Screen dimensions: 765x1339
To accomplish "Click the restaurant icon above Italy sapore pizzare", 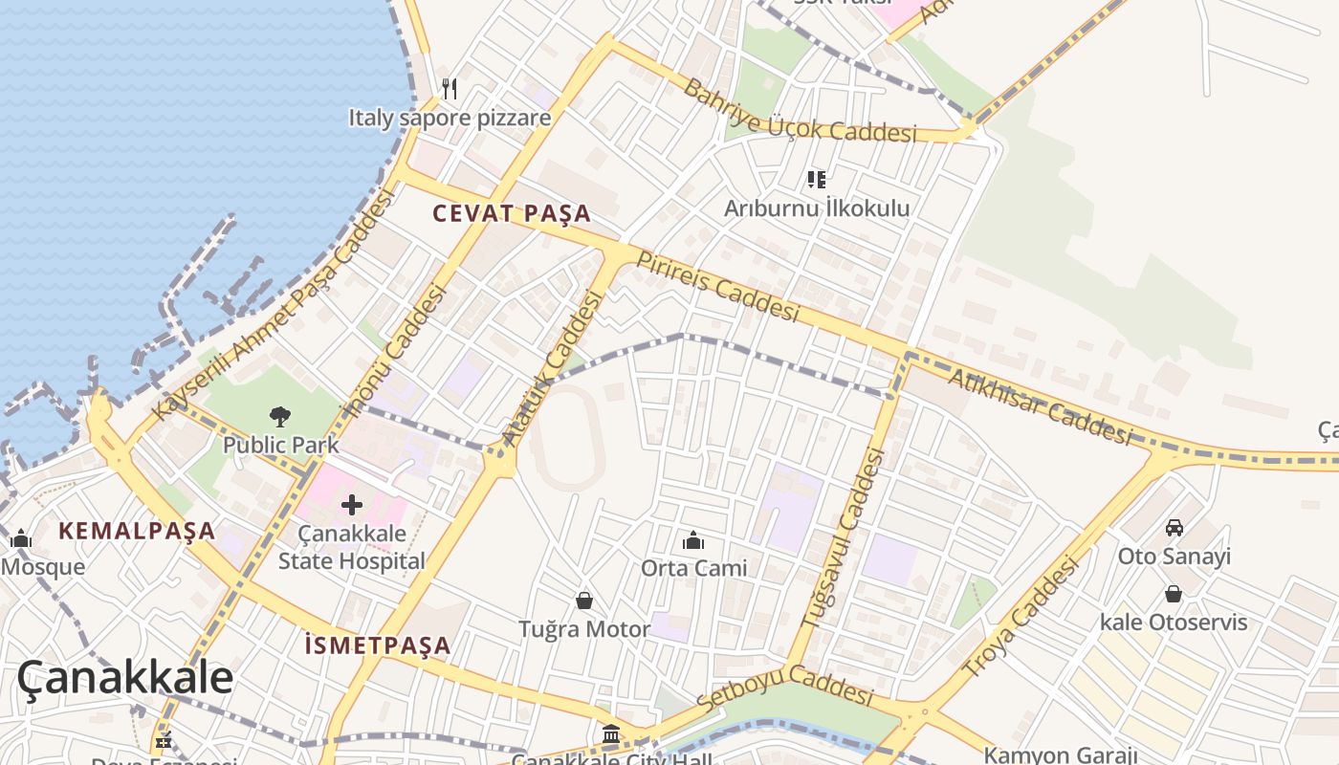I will tap(450, 89).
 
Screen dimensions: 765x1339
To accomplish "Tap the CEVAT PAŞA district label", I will tap(512, 213).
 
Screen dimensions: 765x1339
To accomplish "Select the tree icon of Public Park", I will tap(279, 416).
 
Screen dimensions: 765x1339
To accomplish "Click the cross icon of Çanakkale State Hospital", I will tap(352, 504).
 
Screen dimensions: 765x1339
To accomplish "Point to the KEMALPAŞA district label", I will tap(137, 531).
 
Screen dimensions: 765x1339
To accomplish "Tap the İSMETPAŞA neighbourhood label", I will tap(378, 645).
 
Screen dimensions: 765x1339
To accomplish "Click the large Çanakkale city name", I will tap(124, 677).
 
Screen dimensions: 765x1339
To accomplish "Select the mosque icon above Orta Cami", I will tap(693, 540).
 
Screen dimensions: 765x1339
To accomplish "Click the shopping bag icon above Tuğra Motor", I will tap(583, 601).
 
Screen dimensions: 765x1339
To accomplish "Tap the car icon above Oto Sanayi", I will tap(1174, 527).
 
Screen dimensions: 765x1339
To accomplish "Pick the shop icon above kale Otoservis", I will tap(1173, 594).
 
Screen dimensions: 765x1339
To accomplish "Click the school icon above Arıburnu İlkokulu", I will tap(816, 179).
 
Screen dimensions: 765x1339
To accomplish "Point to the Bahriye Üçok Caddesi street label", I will tap(799, 112).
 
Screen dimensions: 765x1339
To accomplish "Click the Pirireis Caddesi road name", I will tap(717, 286).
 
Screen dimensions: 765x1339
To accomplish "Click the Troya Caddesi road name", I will tap(1020, 618).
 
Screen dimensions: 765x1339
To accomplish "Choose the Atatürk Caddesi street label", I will tap(554, 367).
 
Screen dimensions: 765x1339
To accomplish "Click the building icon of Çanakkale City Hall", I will tap(611, 734).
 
